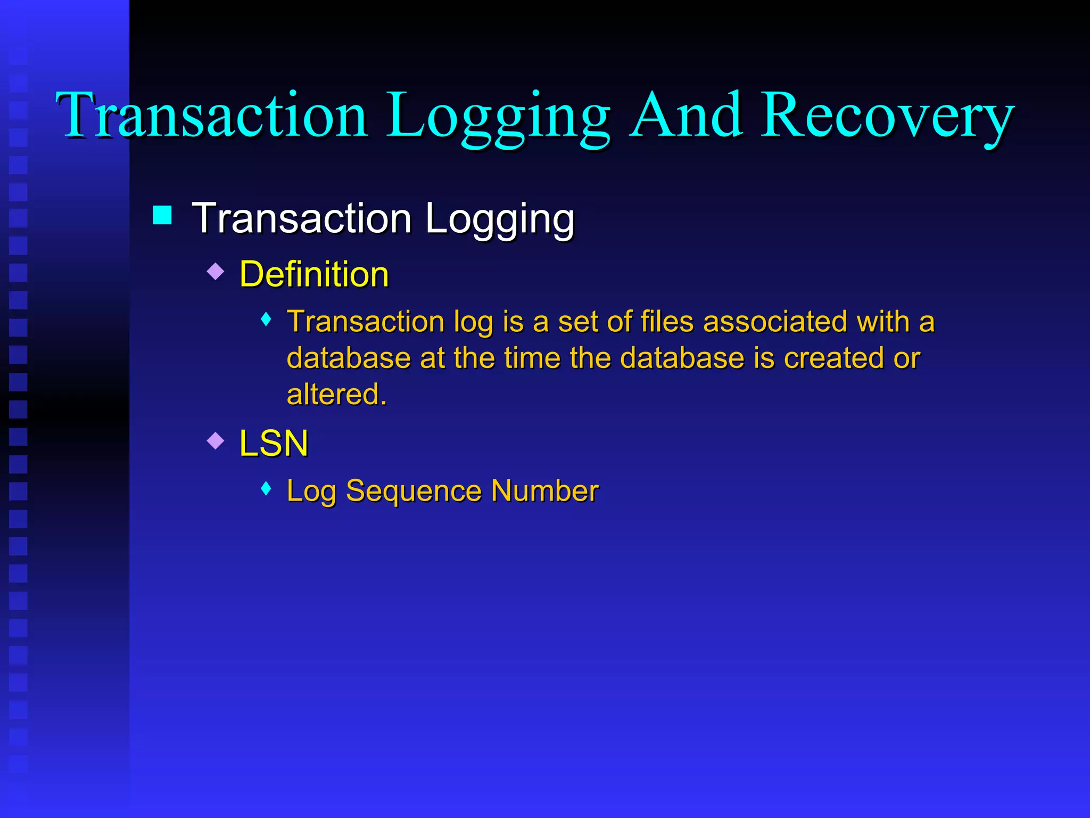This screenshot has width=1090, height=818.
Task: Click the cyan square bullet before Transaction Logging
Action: (162, 215)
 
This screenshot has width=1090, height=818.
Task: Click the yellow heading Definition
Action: (314, 274)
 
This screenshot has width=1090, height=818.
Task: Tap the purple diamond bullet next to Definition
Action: (216, 272)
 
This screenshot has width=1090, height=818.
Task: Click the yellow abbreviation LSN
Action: (274, 443)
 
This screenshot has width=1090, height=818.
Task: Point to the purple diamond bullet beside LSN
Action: (216, 440)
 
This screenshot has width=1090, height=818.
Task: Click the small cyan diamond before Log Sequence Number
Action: (267, 488)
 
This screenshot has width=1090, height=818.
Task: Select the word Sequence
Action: (413, 490)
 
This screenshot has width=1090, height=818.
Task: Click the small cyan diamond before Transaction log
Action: (267, 320)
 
